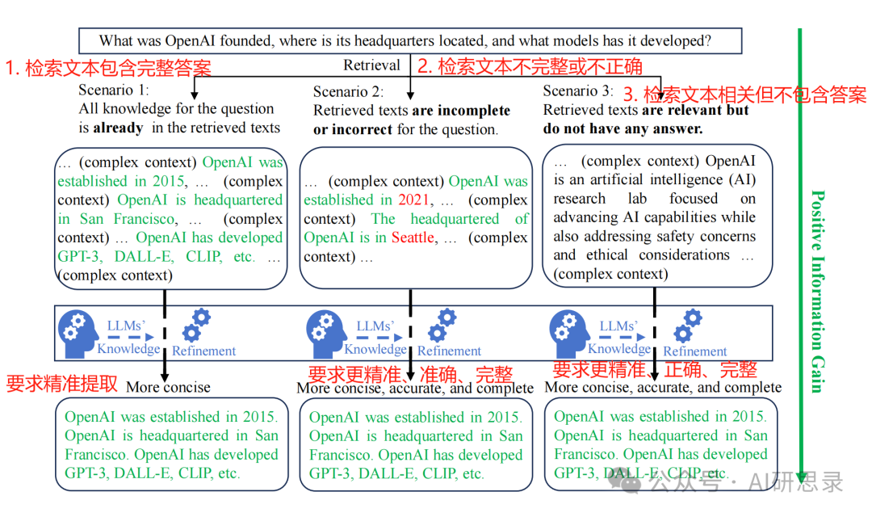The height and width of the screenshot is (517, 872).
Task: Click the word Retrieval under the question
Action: click(371, 65)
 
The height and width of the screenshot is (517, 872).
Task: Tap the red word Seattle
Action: click(413, 237)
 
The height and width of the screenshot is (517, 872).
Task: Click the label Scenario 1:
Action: click(114, 90)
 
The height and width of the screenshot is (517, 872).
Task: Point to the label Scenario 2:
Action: click(348, 91)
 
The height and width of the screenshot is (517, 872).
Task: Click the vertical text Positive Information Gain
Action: click(817, 291)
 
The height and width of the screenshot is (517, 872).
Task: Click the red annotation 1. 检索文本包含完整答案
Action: click(108, 68)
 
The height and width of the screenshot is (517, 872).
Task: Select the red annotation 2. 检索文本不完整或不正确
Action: click(530, 65)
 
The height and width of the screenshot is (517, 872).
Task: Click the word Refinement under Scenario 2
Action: click(449, 351)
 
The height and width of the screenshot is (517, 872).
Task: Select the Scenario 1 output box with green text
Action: click(172, 444)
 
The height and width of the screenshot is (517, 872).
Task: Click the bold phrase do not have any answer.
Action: click(623, 128)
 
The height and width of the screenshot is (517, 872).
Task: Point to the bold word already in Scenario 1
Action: click(118, 128)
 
